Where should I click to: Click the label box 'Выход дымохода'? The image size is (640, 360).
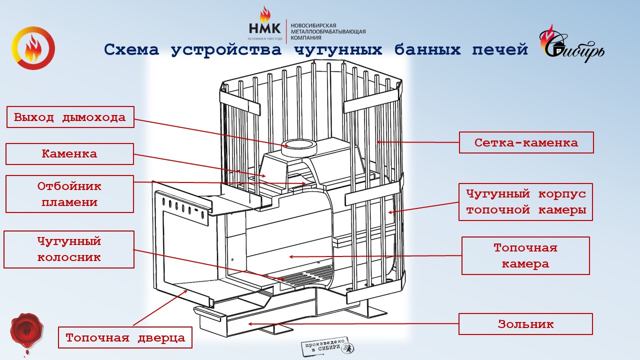70,117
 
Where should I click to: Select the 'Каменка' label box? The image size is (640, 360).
69,154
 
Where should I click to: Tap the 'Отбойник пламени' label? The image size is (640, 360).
69,194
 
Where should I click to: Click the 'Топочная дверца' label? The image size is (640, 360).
125,337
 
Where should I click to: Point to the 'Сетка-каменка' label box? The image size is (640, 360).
526,142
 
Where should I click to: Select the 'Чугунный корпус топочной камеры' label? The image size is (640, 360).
525,201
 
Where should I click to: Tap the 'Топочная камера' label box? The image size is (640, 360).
525,255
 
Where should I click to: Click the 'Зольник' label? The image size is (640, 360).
525,324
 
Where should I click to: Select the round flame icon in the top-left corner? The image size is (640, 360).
33,48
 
